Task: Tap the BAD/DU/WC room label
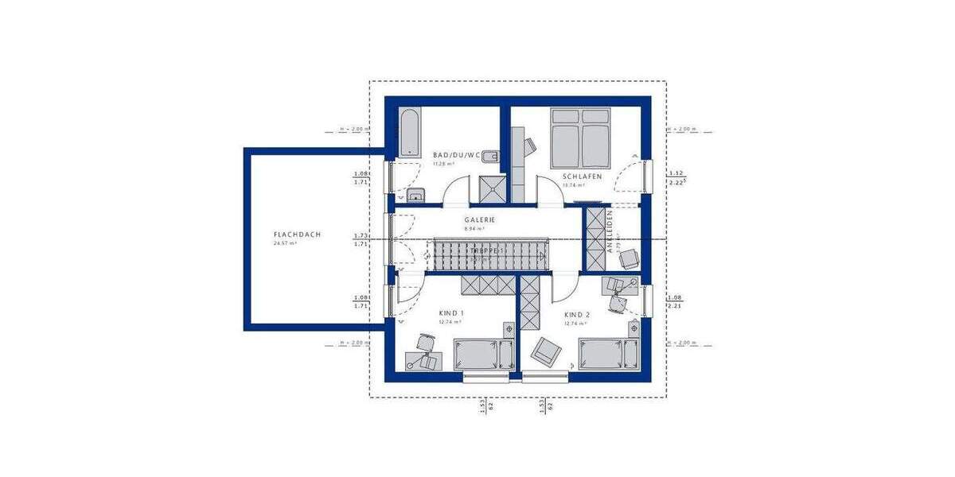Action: tap(456, 155)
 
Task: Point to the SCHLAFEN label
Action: tap(582, 176)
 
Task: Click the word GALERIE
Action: tap(480, 219)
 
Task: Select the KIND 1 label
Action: tap(451, 314)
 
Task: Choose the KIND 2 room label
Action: tap(576, 314)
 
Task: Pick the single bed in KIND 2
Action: tap(609, 354)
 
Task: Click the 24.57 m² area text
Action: tap(285, 243)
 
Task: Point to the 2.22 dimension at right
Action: tap(677, 183)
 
